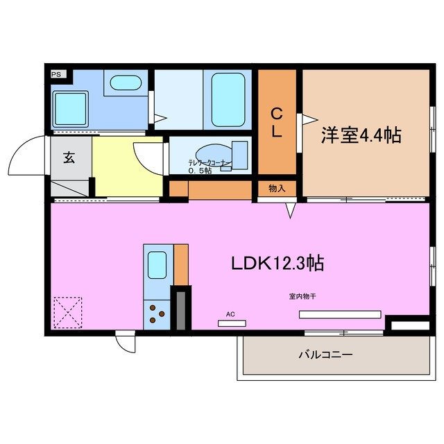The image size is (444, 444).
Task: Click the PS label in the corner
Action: pyautogui.click(x=55, y=72)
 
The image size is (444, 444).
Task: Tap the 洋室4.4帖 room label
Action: pyautogui.click(x=361, y=135)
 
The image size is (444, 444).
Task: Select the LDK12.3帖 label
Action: pyautogui.click(x=277, y=263)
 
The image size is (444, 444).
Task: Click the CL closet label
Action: pyautogui.click(x=277, y=123)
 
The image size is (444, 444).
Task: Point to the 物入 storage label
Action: pyautogui.click(x=277, y=188)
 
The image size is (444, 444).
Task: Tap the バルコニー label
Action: pyautogui.click(x=326, y=355)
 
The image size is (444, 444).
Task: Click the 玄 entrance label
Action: pyautogui.click(x=69, y=157)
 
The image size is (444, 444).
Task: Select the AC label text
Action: pyautogui.click(x=230, y=314)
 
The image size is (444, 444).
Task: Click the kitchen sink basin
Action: pyautogui.click(x=156, y=264)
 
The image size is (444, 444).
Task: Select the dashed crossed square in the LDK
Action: pyautogui.click(x=67, y=311)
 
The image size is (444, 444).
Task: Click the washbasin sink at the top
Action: pyautogui.click(x=125, y=84)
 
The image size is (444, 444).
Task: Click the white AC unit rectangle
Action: pyautogui.click(x=232, y=323)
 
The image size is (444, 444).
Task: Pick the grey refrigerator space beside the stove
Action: pyautogui.click(x=181, y=308)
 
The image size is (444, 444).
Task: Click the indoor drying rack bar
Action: pyautogui.click(x=340, y=314)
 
